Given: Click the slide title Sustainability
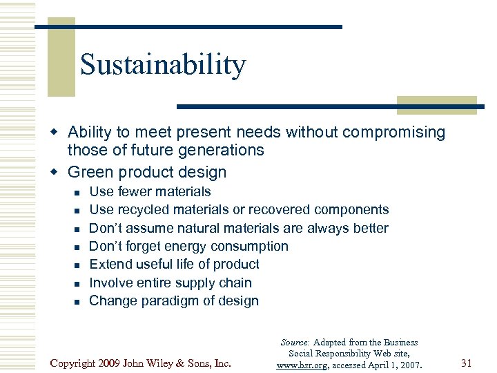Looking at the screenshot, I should pyautogui.click(x=163, y=65).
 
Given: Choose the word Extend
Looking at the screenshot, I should pyautogui.click(x=110, y=264).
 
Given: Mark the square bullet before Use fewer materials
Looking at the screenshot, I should pyautogui.click(x=77, y=192).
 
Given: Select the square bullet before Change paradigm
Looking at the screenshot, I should pyautogui.click(x=77, y=301).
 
